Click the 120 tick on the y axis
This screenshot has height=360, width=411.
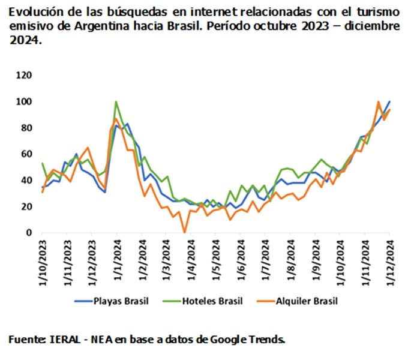pyautogui.click(x=26, y=76)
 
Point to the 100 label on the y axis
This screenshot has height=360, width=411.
pyautogui.click(x=26, y=101)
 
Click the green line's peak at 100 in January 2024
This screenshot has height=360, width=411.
pyautogui.click(x=115, y=101)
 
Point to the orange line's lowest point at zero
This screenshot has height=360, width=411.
pyautogui.click(x=185, y=232)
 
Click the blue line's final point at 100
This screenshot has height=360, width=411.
pyautogui.click(x=389, y=101)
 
